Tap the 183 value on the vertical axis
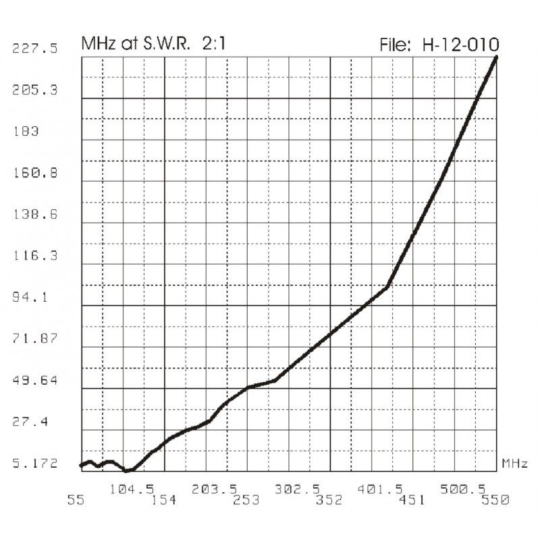[x=26, y=131]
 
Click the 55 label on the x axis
[x=81, y=500]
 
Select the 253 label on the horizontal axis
[x=247, y=500]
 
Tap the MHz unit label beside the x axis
[x=514, y=463]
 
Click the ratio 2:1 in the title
[x=212, y=45]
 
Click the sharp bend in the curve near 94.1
[x=387, y=286]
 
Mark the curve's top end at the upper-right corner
[x=497, y=57]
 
